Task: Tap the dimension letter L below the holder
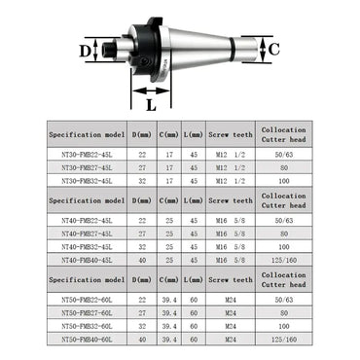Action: (x=150, y=97)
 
